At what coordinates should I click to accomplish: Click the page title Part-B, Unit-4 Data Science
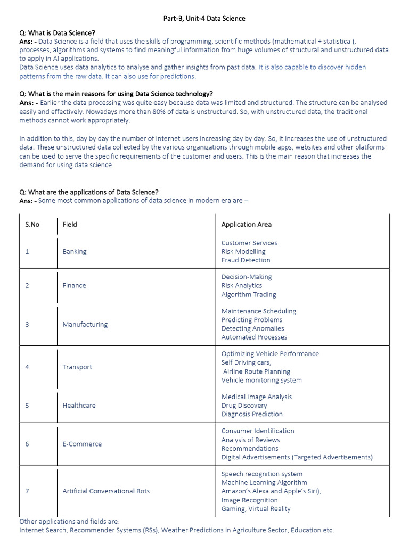coord(204,19)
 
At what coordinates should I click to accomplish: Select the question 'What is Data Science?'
coord(57,32)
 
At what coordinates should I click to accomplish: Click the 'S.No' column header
coord(32,225)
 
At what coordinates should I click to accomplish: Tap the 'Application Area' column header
coord(246,225)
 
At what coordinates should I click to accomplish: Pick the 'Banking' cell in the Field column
coord(74,252)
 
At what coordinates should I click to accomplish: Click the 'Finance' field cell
coord(74,286)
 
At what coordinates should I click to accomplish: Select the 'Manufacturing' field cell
coord(85,325)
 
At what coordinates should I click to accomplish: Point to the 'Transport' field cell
coord(77,367)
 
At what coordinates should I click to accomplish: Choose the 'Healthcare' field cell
coord(79,406)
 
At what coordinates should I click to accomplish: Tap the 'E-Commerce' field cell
coord(82,444)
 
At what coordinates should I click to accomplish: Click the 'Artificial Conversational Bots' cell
coord(106,491)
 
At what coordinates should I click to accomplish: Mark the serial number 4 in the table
coord(27,367)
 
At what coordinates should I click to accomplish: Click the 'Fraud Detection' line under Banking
coord(246,260)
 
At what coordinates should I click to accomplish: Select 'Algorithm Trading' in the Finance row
coord(249,295)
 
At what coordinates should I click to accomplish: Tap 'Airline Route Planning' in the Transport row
coord(257,372)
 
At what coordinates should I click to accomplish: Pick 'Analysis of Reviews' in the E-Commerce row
coord(250,440)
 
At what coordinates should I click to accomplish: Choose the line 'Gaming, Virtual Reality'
coord(256,509)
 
